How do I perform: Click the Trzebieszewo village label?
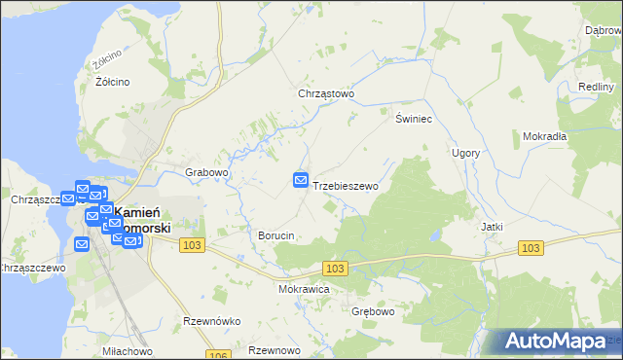pyautogui.click(x=346, y=185)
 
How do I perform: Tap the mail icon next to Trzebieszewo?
pyautogui.click(x=301, y=180)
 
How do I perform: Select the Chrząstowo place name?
pyautogui.click(x=326, y=94)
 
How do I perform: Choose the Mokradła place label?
pyautogui.click(x=544, y=136)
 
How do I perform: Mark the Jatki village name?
pyautogui.click(x=492, y=226)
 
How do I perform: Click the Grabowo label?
pyautogui.click(x=206, y=172)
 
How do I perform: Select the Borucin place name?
pyautogui.click(x=275, y=236)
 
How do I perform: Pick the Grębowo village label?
pyautogui.click(x=372, y=312)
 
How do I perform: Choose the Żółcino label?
pyautogui.click(x=113, y=82)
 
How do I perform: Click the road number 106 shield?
pyautogui.click(x=218, y=355)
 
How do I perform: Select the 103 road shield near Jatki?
pyautogui.click(x=530, y=249)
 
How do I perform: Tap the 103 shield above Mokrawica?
pyautogui.click(x=335, y=268)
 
